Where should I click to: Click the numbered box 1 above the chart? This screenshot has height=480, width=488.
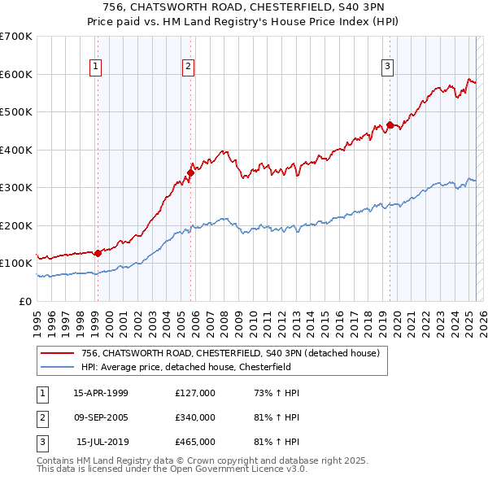96,67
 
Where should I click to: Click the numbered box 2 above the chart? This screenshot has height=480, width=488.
188,67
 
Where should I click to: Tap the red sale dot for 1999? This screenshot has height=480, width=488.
98,253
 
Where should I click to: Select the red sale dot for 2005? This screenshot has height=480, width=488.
190,172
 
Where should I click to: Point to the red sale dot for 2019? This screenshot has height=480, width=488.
390,125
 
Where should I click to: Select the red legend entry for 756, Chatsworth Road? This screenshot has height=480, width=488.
230,353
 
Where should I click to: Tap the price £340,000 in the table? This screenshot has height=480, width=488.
195,417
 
